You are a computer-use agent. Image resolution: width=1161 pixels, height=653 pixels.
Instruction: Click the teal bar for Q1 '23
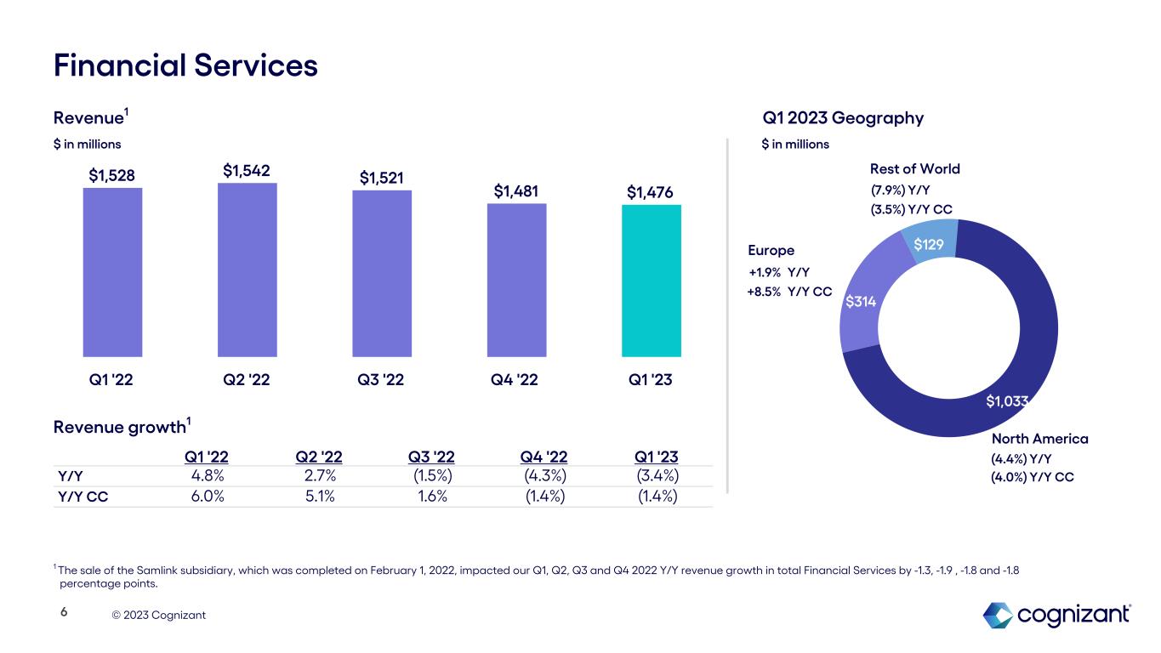(651, 281)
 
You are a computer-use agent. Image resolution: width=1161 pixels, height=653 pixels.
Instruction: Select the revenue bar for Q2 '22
(247, 270)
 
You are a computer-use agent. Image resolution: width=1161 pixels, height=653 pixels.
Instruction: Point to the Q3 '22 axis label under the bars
(382, 380)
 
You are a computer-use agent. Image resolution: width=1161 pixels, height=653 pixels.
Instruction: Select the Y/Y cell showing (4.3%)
(544, 476)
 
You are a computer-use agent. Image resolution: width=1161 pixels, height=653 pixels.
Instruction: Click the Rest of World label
(913, 168)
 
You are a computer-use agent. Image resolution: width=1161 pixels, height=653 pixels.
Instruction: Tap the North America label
(1039, 439)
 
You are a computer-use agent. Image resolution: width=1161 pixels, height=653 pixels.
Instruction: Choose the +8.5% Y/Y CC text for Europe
(789, 292)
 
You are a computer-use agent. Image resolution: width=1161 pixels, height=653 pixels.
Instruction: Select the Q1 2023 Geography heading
(842, 118)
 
